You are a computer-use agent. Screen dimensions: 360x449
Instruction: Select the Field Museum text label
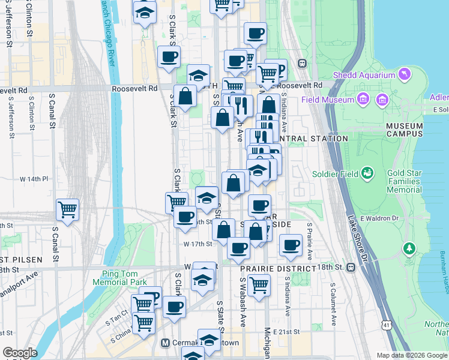pos(327,100)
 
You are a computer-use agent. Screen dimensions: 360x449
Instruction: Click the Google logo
pos(20,353)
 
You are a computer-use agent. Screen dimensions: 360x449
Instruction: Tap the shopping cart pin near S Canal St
pos(67,210)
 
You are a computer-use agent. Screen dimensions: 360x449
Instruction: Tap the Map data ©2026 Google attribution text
pos(411,355)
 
